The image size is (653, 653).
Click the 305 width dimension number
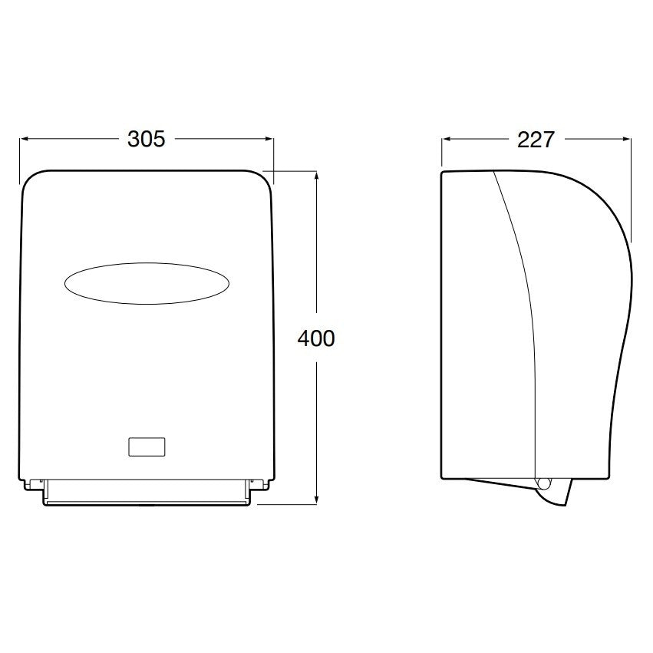146,139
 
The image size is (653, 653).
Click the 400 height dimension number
316,338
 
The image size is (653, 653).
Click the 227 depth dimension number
536,140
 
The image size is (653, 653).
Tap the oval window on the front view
147,283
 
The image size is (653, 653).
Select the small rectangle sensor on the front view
147,447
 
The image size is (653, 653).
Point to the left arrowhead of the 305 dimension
23,139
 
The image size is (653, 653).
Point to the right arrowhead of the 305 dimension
270,139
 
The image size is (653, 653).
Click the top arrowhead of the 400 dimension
317,175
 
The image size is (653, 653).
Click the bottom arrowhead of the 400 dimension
317,500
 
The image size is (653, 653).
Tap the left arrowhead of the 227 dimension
446,140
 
